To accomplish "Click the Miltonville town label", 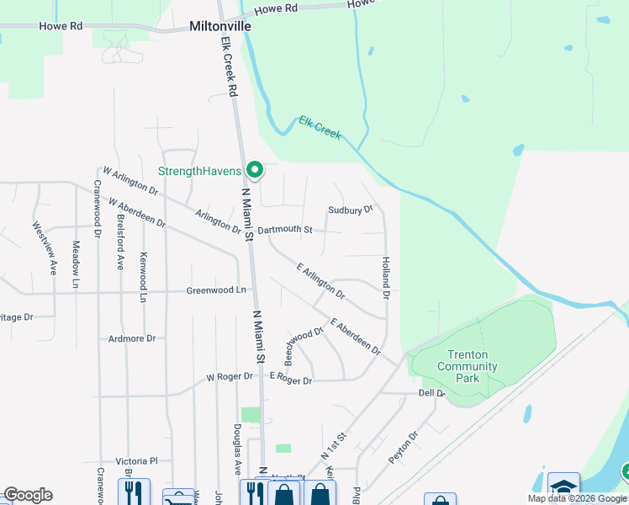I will click(221, 26).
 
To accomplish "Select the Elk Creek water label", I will click(320, 128).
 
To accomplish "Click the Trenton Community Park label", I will click(468, 366).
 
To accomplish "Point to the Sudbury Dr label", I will click(350, 209).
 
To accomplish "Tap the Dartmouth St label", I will click(285, 229).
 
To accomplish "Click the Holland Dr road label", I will click(386, 279).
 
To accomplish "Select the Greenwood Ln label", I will click(217, 290).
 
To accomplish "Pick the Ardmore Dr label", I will click(132, 338).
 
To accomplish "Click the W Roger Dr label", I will click(230, 377).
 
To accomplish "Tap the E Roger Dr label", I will click(291, 380).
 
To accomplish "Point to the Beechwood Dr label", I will click(304, 345).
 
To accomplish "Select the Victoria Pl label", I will click(137, 461).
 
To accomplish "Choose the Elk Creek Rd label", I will click(229, 64).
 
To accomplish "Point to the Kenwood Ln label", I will click(144, 277).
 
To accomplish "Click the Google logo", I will click(28, 495).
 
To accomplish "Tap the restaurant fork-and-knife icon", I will click(133, 492).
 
